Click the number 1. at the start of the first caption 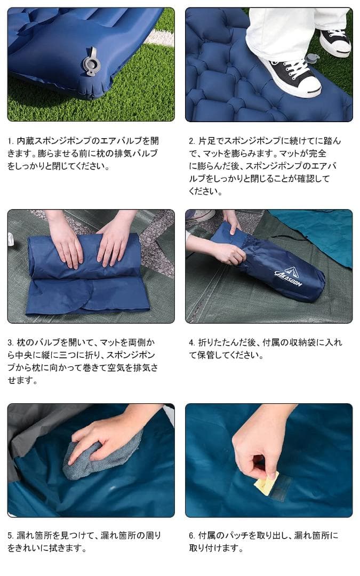click(x=11, y=141)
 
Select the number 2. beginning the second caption click(x=192, y=141)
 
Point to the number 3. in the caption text click(x=11, y=342)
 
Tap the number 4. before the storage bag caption click(x=192, y=342)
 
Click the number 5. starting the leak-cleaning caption click(x=11, y=535)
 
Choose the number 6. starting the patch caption click(x=192, y=535)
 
